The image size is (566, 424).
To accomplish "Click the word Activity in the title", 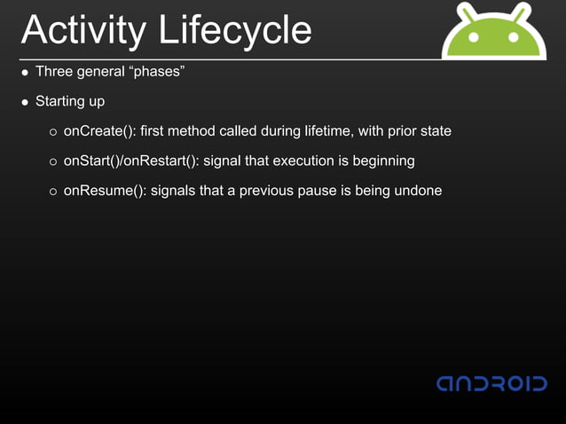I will [x=85, y=30].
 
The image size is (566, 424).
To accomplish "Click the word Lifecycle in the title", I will [x=236, y=30].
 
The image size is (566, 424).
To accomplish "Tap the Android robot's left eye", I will [x=475, y=38].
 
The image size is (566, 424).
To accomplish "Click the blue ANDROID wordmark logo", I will [x=491, y=383].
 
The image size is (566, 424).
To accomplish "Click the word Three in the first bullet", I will [x=52, y=72].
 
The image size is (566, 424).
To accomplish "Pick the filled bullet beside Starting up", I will [x=26, y=102].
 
